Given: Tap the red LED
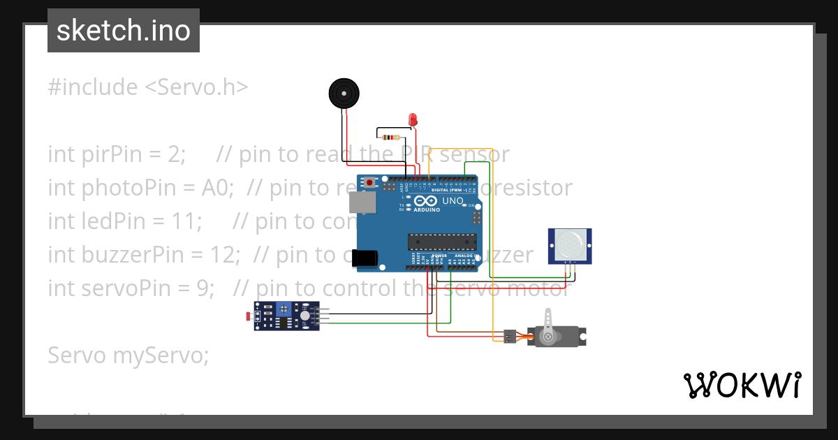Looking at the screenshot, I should pyautogui.click(x=413, y=119).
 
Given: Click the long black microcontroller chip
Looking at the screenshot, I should pyautogui.click(x=442, y=242).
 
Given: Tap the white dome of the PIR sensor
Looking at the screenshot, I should pyautogui.click(x=570, y=244).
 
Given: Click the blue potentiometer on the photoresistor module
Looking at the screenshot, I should pyautogui.click(x=284, y=309).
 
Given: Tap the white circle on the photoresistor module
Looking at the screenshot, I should pyautogui.click(x=305, y=316).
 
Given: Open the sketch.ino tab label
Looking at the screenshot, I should pyautogui.click(x=124, y=31).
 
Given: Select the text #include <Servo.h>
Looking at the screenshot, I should pyautogui.click(x=148, y=87).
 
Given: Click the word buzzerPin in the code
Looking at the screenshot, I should pyautogui.click(x=134, y=255).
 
